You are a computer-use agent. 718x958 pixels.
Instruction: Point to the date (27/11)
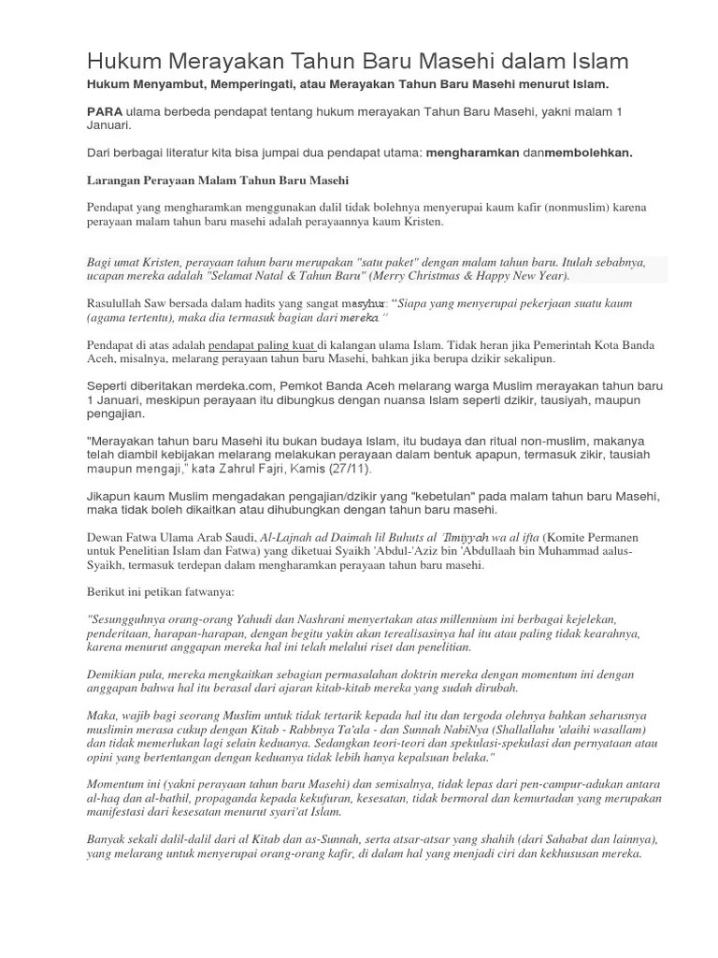[357, 467]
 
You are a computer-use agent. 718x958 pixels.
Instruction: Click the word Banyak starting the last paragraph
[108, 840]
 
